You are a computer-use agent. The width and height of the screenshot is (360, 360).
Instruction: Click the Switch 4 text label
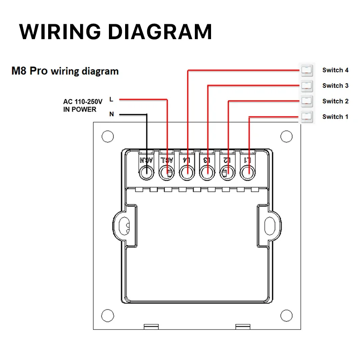point(335,70)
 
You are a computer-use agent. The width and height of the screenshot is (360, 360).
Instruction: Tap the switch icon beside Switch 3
point(306,85)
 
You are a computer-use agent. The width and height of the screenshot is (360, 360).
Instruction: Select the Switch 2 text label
point(335,101)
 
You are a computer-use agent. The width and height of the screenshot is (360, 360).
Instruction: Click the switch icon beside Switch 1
point(306,117)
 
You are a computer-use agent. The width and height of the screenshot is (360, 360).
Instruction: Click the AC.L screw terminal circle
point(167,172)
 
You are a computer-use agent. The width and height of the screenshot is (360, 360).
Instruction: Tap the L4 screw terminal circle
point(187,172)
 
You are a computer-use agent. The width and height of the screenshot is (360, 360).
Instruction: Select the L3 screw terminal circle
point(207,172)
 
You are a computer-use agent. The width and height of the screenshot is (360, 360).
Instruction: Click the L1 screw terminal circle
point(247,172)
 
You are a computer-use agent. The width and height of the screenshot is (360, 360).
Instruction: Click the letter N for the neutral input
point(112,114)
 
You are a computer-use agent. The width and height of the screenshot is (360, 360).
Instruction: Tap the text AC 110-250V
point(83,102)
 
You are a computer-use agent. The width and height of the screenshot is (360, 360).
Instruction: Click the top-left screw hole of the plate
point(107,136)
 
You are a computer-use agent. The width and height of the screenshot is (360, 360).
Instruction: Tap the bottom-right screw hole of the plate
point(286,314)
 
